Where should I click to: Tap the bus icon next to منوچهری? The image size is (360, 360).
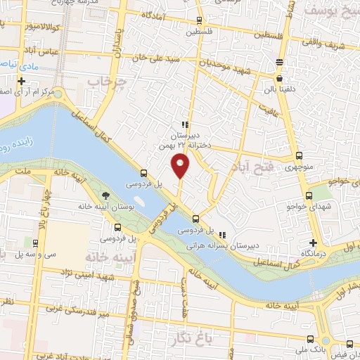tap(300, 156)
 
